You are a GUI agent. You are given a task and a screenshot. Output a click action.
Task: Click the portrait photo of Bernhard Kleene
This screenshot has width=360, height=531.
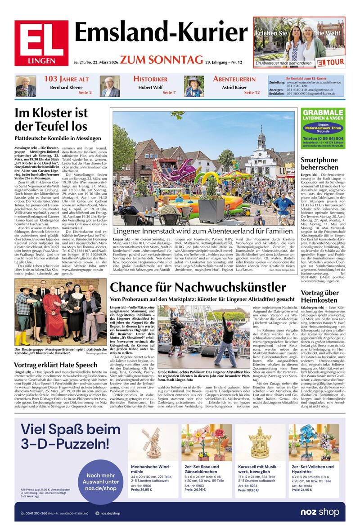click(26, 86)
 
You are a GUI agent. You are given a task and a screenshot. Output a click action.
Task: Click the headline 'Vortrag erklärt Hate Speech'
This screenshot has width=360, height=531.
click(56, 365)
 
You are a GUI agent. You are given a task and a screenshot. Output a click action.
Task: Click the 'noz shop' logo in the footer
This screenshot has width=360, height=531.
click(321, 513)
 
